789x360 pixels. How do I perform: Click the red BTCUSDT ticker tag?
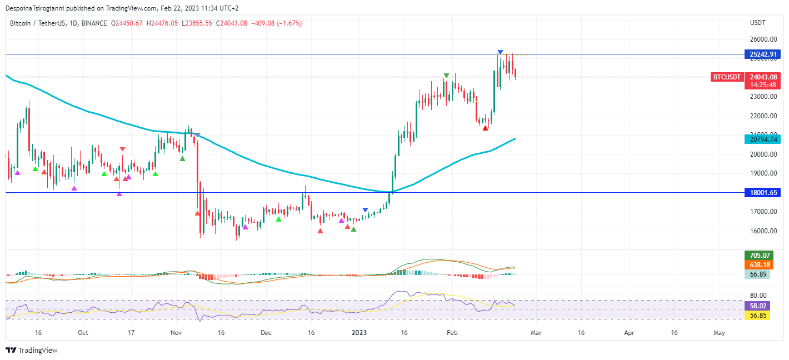click(x=727, y=77)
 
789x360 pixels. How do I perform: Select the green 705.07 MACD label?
click(x=758, y=256)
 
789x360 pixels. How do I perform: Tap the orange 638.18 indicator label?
click(x=758, y=265)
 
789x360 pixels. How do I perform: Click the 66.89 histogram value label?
click(x=757, y=274)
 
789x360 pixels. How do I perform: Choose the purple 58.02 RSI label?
click(x=757, y=306)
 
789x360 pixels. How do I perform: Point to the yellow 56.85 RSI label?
click(x=757, y=316)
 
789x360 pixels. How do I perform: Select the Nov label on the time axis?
click(x=176, y=333)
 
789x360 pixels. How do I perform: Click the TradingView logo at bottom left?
click(x=32, y=351)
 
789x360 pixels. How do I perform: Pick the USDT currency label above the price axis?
click(x=758, y=23)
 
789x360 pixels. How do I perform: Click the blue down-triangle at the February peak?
click(x=501, y=52)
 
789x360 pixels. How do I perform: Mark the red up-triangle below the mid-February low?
click(x=485, y=128)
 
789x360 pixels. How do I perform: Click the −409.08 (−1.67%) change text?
click(x=277, y=23)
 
